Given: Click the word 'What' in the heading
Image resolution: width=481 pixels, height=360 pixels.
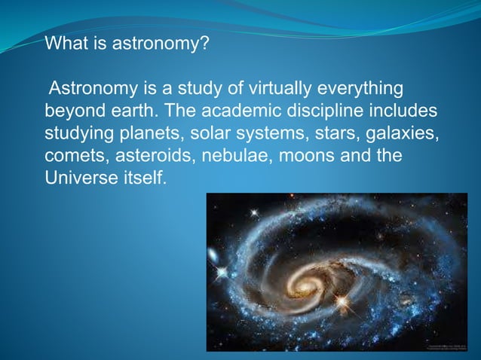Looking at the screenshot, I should [65, 44].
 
